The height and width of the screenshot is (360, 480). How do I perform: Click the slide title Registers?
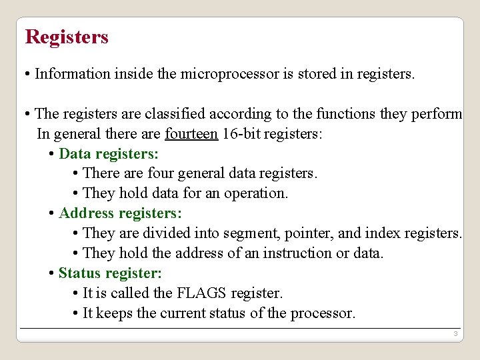click(x=67, y=37)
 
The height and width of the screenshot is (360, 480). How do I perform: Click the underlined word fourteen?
click(x=191, y=133)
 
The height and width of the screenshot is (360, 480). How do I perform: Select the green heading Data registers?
click(x=109, y=153)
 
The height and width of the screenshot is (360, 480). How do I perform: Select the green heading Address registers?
click(x=120, y=213)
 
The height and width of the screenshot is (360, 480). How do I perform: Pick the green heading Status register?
click(x=110, y=273)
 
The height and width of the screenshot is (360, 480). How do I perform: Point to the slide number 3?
click(x=455, y=333)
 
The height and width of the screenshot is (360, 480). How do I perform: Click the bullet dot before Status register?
click(x=53, y=274)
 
